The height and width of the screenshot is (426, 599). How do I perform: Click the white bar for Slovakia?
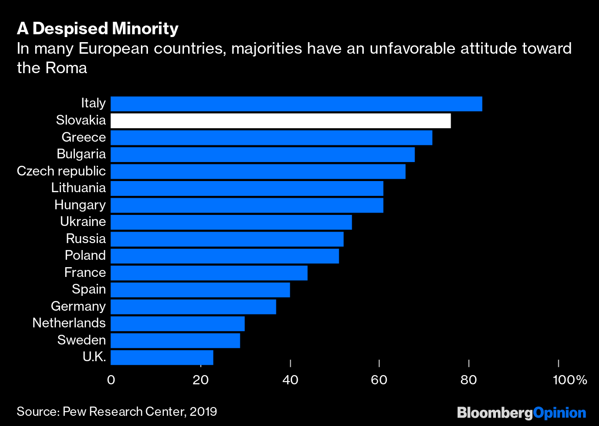[281, 121]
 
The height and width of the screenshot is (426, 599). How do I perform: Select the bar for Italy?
[296, 104]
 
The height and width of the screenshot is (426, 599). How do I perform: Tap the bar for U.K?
[162, 357]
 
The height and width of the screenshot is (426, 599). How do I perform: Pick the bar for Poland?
[225, 256]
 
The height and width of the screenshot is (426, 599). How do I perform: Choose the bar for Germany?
[193, 307]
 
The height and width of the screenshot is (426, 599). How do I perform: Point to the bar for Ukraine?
[231, 222]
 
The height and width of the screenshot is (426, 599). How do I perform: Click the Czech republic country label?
[61, 171]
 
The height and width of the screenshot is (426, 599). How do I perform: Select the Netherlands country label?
[69, 323]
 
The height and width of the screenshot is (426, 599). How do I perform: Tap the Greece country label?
[83, 137]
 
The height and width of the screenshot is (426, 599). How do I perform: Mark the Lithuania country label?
[78, 188]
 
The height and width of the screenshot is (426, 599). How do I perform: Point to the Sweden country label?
[81, 340]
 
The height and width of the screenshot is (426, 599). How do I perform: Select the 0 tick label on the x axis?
[111, 380]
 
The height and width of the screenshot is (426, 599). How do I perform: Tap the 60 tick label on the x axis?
[379, 380]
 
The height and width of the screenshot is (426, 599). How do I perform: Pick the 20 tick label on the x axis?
[201, 380]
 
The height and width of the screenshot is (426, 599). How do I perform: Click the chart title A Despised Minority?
[98, 29]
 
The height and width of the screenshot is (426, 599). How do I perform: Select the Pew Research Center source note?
[116, 412]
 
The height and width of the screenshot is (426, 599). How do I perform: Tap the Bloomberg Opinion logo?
[521, 413]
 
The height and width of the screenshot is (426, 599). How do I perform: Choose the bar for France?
[209, 273]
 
